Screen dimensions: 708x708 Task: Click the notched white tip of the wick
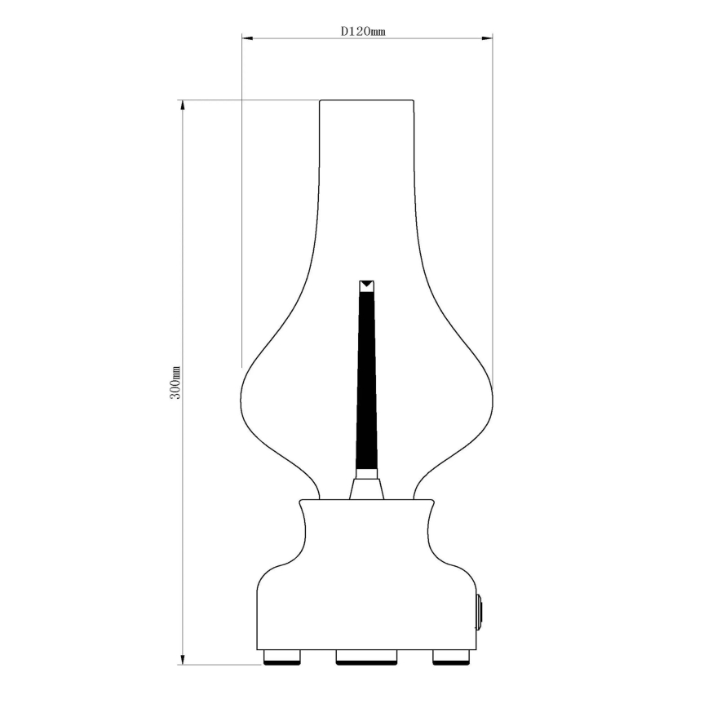tap(366, 285)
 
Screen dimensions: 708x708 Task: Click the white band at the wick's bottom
tap(366, 472)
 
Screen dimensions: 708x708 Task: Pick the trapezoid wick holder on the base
tap(366, 489)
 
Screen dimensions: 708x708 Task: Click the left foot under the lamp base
tap(282, 657)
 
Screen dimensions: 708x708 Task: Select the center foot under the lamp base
tap(366, 657)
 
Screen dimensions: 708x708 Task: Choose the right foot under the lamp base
tap(451, 657)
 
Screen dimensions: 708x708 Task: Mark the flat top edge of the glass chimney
tap(366, 100)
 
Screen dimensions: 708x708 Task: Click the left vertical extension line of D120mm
tap(241, 204)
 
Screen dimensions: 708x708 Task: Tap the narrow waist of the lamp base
tap(366, 530)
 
